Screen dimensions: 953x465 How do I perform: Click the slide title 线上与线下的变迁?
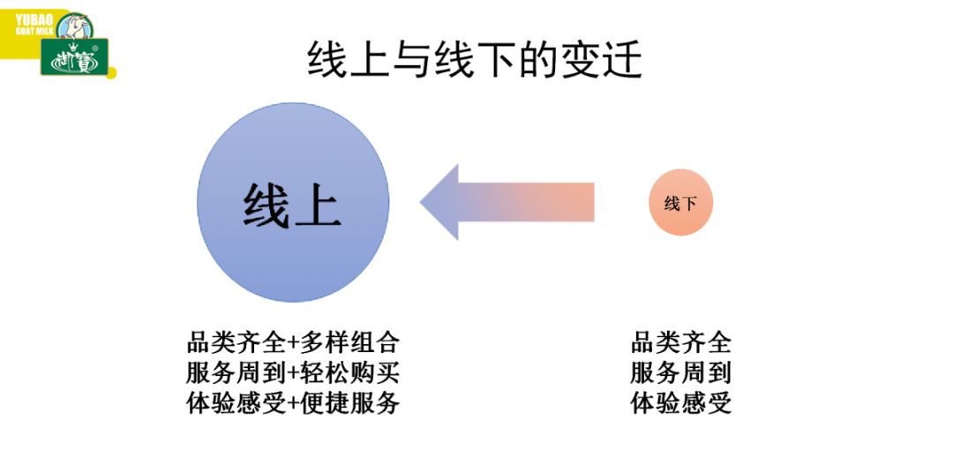pyautogui.click(x=475, y=60)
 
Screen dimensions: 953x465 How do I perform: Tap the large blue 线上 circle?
pyautogui.click(x=293, y=202)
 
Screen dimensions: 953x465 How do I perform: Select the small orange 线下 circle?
pyautogui.click(x=680, y=202)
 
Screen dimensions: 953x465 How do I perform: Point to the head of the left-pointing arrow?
pyautogui.click(x=421, y=202)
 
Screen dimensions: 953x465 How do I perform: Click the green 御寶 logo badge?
pyautogui.click(x=75, y=56)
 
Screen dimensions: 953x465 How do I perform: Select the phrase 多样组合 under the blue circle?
pyautogui.click(x=349, y=343)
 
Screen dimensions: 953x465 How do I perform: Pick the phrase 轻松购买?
pyautogui.click(x=349, y=372)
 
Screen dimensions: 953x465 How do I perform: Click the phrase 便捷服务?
pyautogui.click(x=349, y=403)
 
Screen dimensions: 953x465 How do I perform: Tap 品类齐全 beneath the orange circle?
pyautogui.click(x=680, y=343)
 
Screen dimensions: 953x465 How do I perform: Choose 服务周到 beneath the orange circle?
pyautogui.click(x=680, y=372)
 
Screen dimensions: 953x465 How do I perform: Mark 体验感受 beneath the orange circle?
pyautogui.click(x=680, y=403)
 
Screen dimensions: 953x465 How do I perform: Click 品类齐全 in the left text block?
pyautogui.click(x=236, y=343)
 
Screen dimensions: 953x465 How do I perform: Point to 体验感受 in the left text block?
pyautogui.click(x=236, y=403)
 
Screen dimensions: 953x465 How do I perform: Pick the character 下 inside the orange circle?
pyautogui.click(x=688, y=204)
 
